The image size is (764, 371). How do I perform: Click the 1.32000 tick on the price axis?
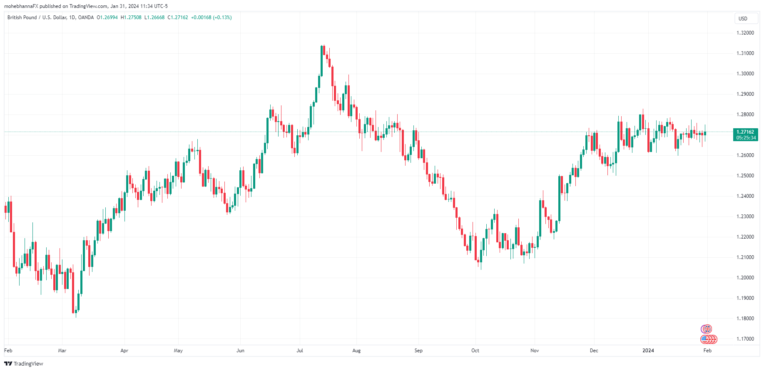[x=745, y=33]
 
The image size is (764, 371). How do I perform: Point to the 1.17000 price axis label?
[x=745, y=339]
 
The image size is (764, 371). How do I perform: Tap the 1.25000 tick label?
[x=745, y=176]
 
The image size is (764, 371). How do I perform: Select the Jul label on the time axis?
[x=300, y=351]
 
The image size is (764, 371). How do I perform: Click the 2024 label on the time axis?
[x=648, y=351]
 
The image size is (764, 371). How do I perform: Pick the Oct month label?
[x=475, y=351]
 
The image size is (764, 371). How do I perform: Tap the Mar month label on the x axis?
[x=62, y=351]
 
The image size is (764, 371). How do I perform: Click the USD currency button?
[x=743, y=19]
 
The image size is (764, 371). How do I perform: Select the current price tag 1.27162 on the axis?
[x=745, y=132]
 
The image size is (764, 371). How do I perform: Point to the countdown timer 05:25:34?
[x=746, y=138]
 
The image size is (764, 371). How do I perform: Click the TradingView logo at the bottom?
[x=24, y=364]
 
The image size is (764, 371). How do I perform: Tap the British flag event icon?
[x=707, y=329]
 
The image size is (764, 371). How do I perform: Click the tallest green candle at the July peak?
[x=321, y=60]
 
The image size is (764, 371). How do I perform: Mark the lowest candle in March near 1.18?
[x=74, y=302]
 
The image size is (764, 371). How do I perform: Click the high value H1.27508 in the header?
[x=131, y=17]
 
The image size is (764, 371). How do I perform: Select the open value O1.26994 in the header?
[x=107, y=17]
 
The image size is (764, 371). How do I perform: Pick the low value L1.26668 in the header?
[x=154, y=17]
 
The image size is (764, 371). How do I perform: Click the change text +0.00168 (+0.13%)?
[x=211, y=17]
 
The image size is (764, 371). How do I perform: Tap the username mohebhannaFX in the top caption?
[x=21, y=6]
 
